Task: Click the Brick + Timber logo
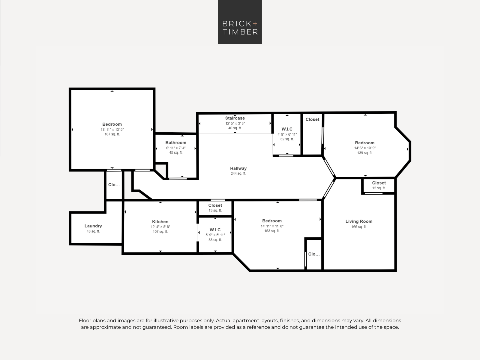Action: point(240,22)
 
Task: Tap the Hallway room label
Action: point(238,168)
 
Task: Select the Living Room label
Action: point(359,221)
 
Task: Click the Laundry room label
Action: point(93,226)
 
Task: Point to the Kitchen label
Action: point(160,222)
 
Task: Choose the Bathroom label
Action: point(176,142)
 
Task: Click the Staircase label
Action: point(235,118)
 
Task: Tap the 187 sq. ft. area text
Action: point(112,134)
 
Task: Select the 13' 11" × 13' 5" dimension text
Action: point(112,130)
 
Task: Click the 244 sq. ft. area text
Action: point(238,174)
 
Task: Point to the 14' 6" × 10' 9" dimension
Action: point(365,148)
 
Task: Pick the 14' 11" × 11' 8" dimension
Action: point(272,226)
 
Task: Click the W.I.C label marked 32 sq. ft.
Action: point(287,129)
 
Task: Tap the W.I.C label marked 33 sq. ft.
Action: point(215,230)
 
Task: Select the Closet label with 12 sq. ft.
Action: point(379,183)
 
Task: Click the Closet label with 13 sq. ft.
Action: point(215,205)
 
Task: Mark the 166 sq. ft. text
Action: point(359,227)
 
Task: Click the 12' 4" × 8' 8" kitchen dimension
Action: point(160,227)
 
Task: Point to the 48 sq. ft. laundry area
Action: point(93,232)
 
